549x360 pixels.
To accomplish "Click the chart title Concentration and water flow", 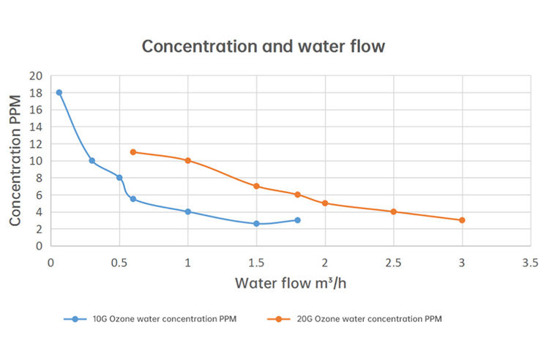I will (263, 45).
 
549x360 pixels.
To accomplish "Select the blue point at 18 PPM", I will (59, 93).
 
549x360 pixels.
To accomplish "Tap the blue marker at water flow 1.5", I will (256, 223).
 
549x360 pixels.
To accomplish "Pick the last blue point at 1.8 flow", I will (297, 220).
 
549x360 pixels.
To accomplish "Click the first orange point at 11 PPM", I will (133, 152).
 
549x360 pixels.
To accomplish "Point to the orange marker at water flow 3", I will (462, 220).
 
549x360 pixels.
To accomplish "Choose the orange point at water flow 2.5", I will (394, 211).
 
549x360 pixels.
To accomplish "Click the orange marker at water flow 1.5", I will (256, 186).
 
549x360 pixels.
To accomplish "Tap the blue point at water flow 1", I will (188, 211).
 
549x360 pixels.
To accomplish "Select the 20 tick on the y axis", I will (36, 76).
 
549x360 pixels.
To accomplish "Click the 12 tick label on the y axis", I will (36, 144).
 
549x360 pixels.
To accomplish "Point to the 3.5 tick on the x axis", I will (530, 262).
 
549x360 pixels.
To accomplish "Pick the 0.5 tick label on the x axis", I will (119, 262).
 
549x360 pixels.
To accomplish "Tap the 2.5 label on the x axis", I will (394, 262).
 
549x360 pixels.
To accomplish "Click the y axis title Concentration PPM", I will (15, 160).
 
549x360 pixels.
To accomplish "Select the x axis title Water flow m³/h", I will (291, 282).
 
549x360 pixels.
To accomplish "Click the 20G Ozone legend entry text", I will (365, 319).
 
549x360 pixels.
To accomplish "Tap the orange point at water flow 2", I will (325, 203).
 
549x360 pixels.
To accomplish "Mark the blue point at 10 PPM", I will (91, 160).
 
